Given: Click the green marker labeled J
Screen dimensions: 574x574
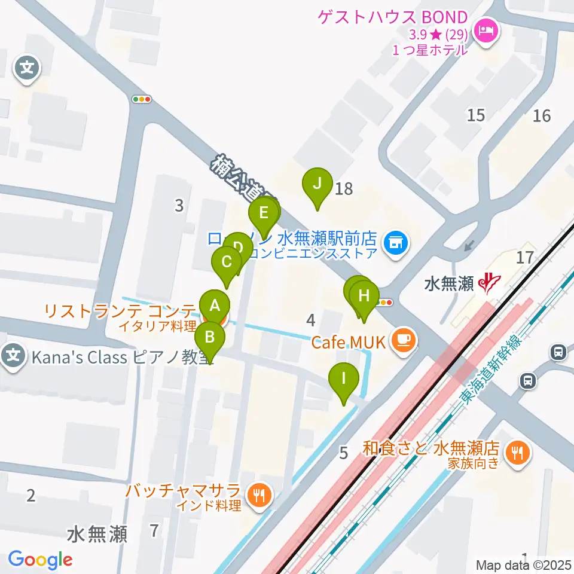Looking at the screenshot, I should point(317,184).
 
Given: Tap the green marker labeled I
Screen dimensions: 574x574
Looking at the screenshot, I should point(344,378).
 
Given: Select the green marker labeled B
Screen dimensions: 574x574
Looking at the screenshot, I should point(210,337).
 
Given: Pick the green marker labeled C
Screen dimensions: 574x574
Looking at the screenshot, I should point(227,262).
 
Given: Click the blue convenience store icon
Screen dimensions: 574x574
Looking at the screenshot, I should point(394,242).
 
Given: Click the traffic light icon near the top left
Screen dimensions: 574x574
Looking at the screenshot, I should point(142,99).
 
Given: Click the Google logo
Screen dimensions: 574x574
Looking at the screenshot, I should point(40,560).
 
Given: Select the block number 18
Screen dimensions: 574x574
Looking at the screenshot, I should point(344,189).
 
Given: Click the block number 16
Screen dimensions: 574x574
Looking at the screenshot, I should point(541,115).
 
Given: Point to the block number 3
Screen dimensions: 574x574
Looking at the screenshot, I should point(179,206).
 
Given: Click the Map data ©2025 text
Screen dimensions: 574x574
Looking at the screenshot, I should point(524,565).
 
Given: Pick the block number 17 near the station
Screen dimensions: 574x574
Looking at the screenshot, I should point(525,258).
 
